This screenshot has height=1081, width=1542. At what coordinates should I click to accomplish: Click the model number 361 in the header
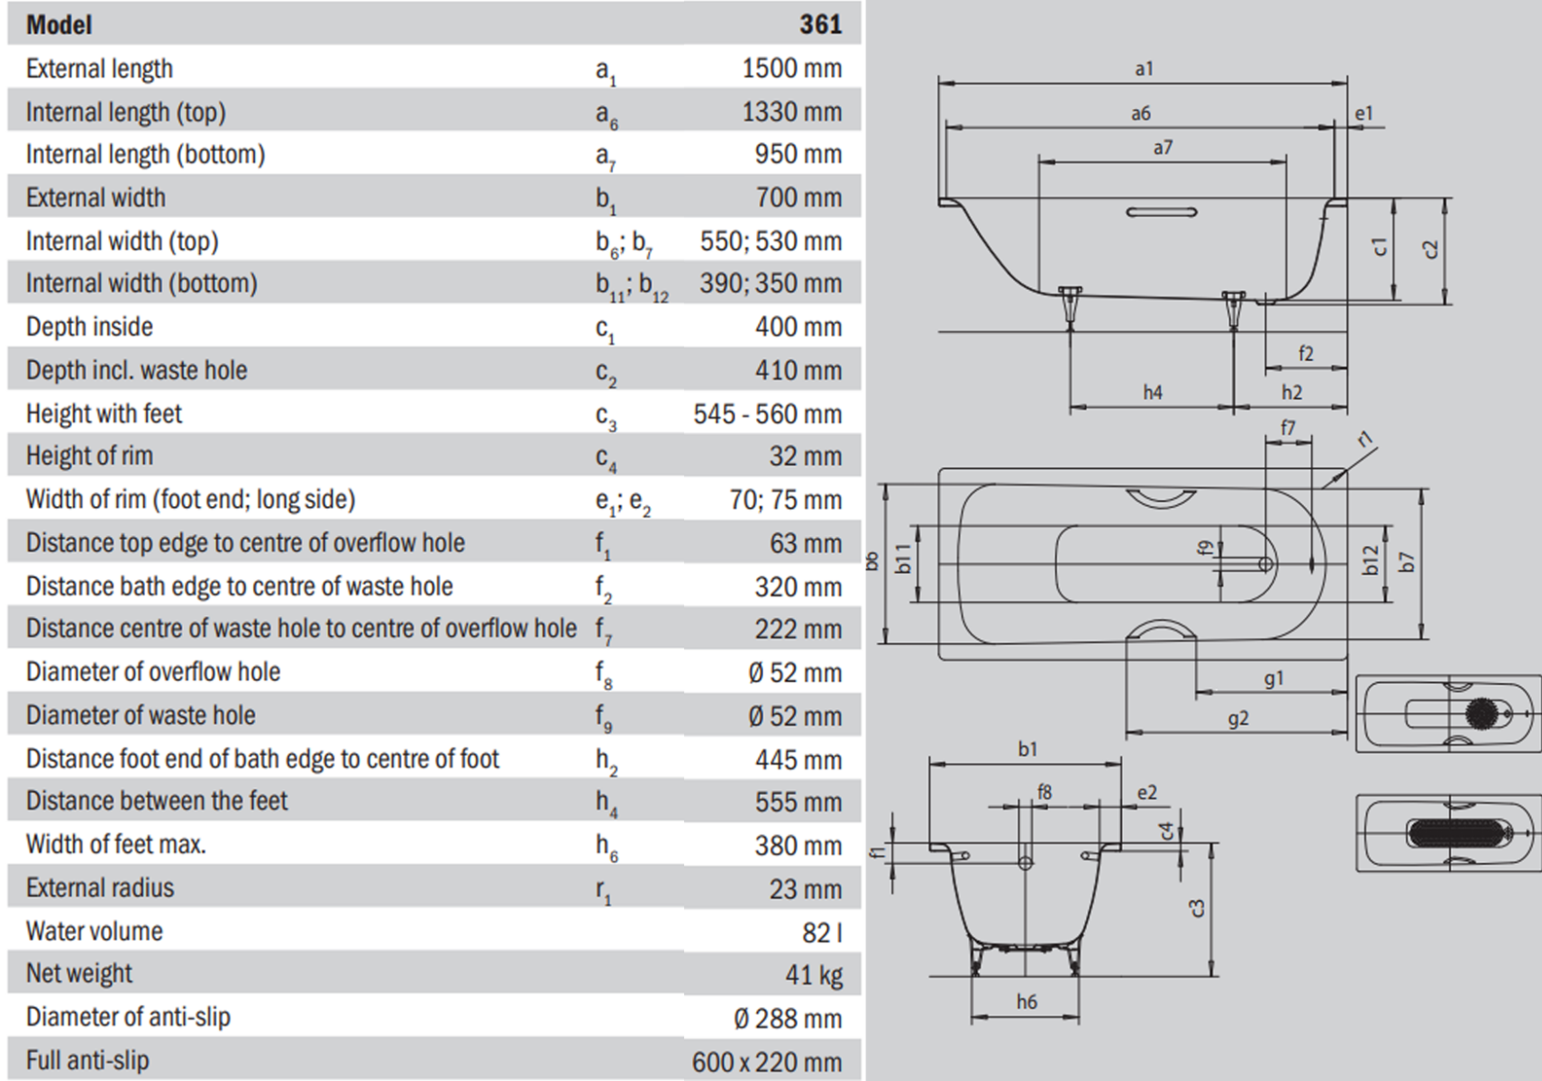coord(820,23)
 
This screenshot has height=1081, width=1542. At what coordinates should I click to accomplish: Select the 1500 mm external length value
coord(791,68)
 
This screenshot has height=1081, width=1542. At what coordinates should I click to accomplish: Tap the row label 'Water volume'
coord(94,931)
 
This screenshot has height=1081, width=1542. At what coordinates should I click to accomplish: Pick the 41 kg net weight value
coord(813,974)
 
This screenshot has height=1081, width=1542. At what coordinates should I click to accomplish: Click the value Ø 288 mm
coord(787,1018)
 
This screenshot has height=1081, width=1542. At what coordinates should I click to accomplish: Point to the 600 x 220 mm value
coord(766,1061)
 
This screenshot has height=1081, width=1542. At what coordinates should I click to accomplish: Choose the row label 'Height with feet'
coord(104,413)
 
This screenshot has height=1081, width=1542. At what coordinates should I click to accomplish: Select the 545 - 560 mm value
coord(767,414)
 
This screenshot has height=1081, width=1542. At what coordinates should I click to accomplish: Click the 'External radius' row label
coord(99,888)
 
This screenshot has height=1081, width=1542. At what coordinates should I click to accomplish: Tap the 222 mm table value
coord(798,630)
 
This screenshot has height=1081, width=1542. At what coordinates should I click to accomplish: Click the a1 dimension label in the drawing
coord(1144,69)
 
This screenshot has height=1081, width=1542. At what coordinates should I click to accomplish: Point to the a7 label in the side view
coord(1163,148)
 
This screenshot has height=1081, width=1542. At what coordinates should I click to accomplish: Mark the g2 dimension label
coord(1238,719)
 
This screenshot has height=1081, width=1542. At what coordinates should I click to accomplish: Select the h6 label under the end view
coord(1026,1002)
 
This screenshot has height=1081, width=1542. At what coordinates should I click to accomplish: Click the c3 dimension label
coord(1197,908)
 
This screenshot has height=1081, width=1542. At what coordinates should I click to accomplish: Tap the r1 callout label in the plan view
coord(1366,439)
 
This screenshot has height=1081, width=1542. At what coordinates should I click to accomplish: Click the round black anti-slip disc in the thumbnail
coord(1480,713)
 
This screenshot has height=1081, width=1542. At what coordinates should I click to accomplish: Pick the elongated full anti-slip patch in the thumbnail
coord(1455,833)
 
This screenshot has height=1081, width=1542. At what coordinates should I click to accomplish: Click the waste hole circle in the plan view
coord(1265,564)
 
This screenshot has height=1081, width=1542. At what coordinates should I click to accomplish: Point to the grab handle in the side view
coord(1162,213)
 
